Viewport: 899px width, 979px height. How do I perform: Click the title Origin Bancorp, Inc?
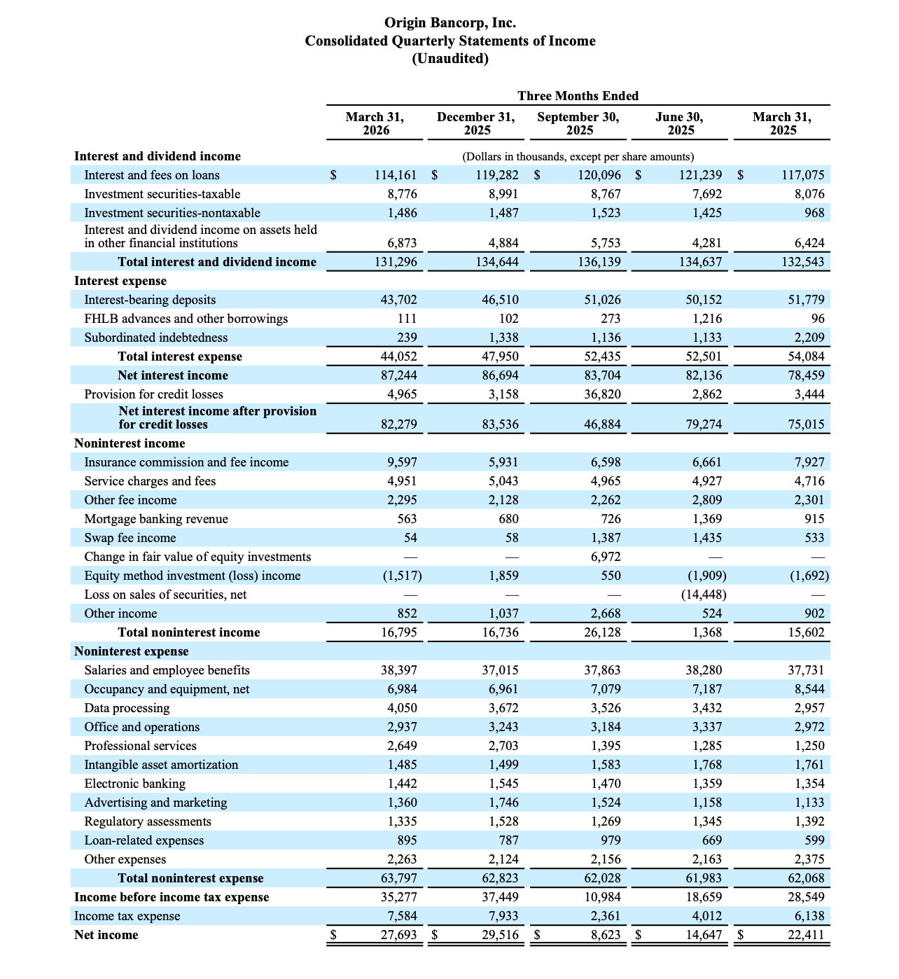[x=449, y=23]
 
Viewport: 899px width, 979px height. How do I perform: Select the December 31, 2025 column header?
[x=476, y=123]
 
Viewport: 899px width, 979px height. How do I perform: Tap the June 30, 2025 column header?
[x=680, y=123]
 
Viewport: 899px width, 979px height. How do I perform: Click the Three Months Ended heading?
[x=578, y=95]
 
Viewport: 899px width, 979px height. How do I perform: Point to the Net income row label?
[x=106, y=935]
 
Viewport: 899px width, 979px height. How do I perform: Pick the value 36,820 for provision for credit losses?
[x=602, y=394]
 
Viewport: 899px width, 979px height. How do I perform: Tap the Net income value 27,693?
[x=398, y=935]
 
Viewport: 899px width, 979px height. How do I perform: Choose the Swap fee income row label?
[x=130, y=538]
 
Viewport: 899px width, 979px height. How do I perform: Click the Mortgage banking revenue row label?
[x=156, y=519]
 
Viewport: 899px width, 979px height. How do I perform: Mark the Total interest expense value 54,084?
[x=806, y=356]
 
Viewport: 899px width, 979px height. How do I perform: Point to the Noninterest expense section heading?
[x=132, y=651]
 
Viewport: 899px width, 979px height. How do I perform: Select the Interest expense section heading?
[x=120, y=281]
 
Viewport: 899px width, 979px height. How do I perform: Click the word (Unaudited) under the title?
[x=449, y=58]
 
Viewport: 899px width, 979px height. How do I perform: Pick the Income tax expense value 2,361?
[x=602, y=916]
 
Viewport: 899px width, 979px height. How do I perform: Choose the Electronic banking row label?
[x=135, y=784]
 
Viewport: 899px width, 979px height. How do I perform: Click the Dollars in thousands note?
[x=578, y=156]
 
